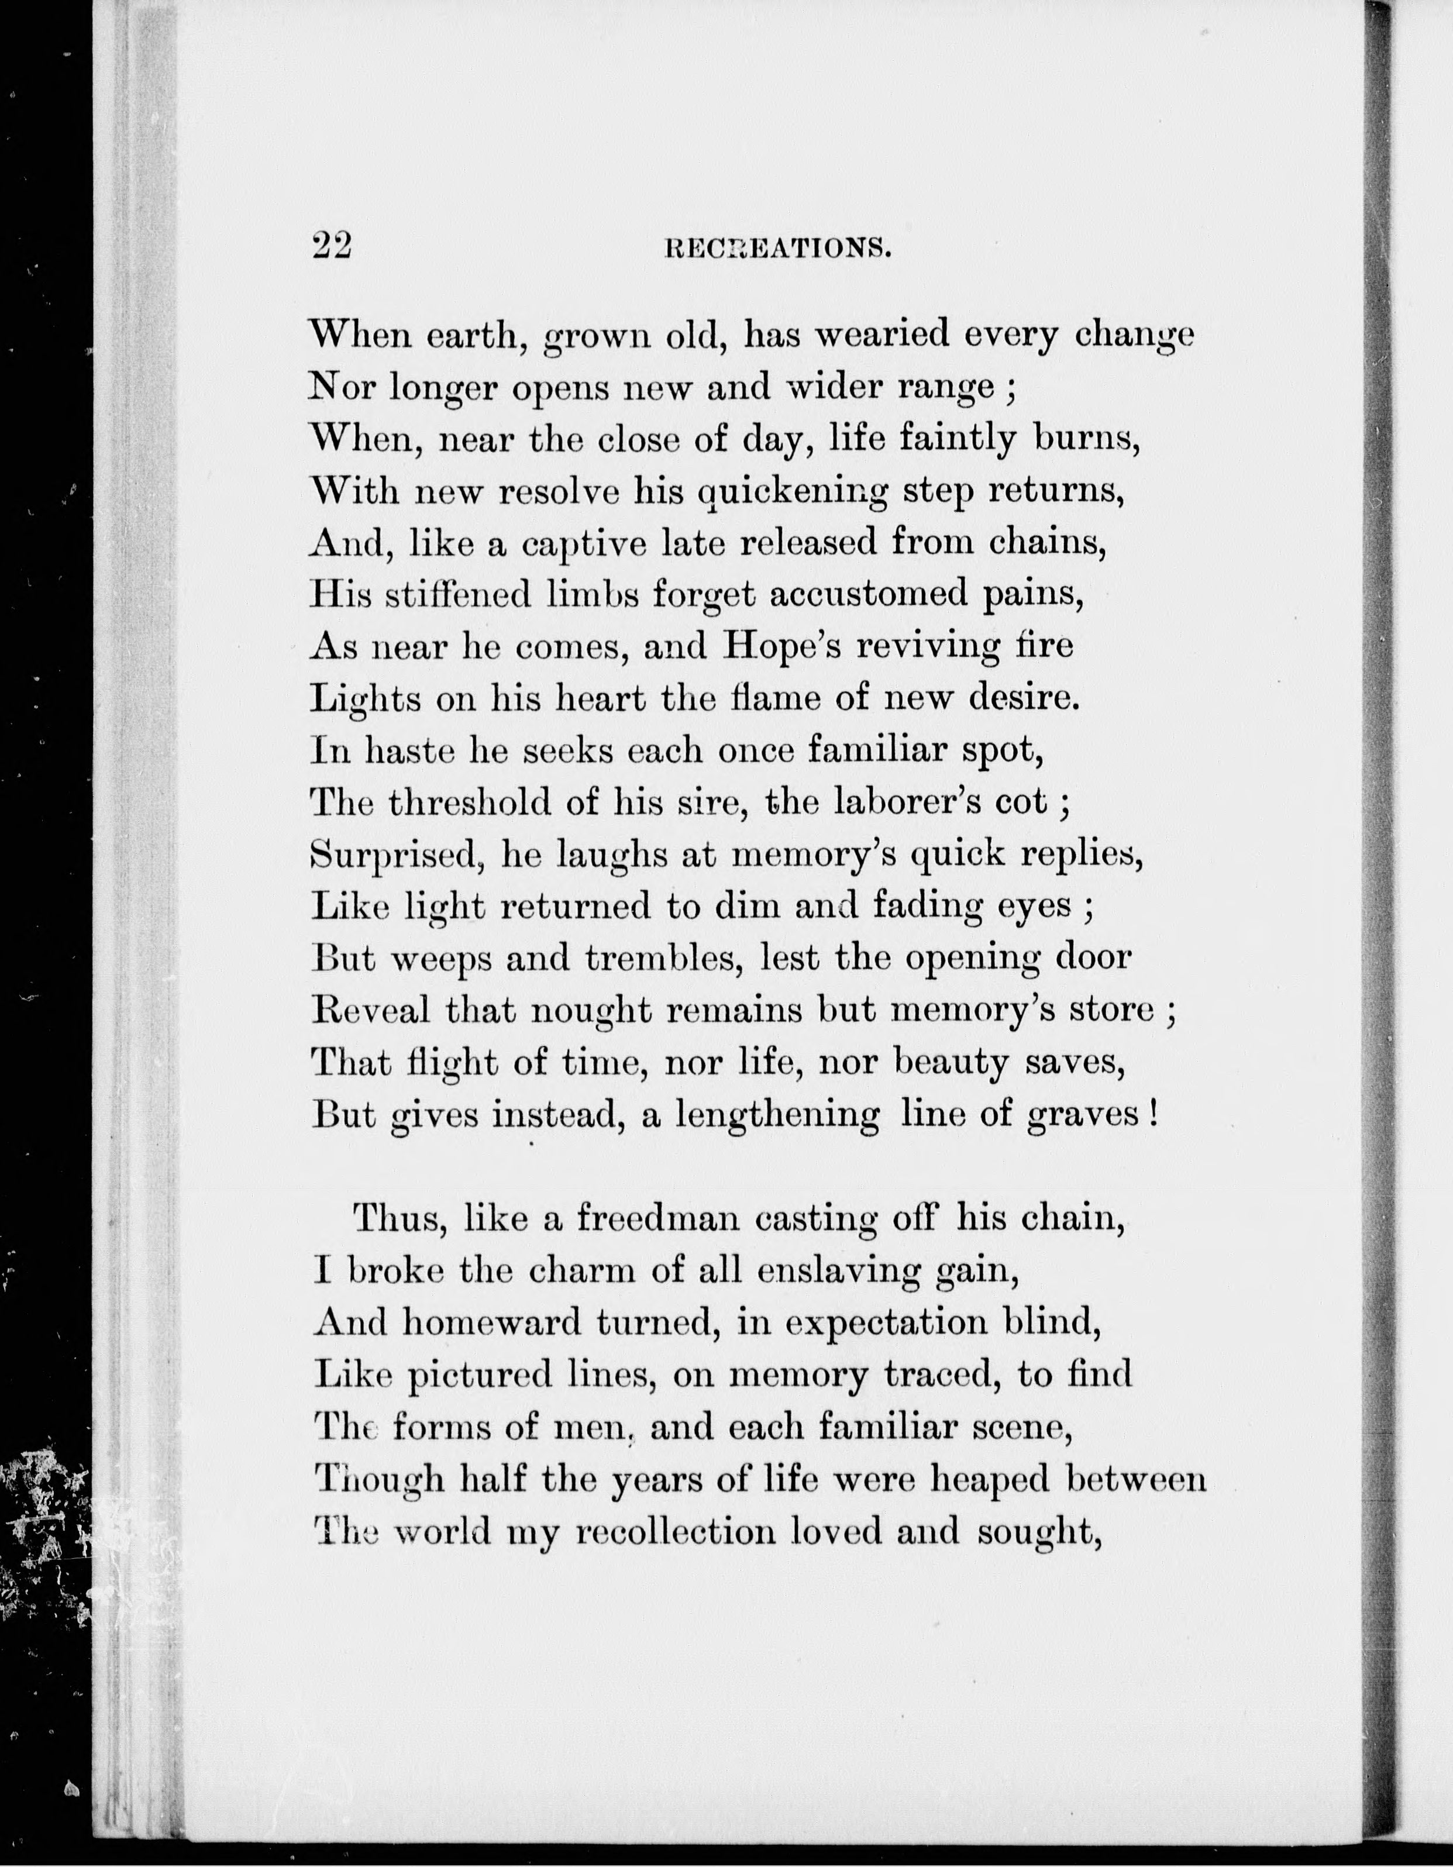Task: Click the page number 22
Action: (332, 246)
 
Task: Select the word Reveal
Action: (370, 1011)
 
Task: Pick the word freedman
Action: (658, 1218)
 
